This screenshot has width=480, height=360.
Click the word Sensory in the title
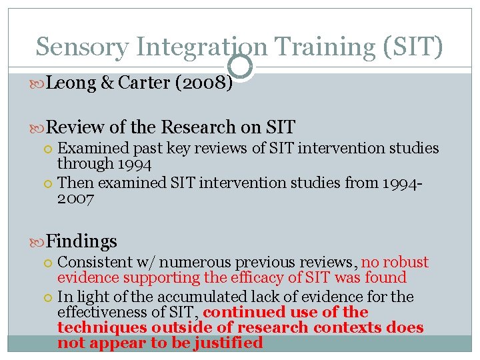[81, 47]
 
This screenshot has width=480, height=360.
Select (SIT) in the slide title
[413, 47]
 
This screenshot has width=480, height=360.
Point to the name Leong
[72, 84]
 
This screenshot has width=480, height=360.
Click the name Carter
[142, 84]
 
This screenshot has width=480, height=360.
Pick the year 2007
[76, 199]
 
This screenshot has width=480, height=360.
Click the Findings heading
[82, 241]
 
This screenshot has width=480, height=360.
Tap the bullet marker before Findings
[39, 241]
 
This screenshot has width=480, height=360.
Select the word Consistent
[93, 263]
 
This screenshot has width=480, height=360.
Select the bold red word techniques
[99, 327]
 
